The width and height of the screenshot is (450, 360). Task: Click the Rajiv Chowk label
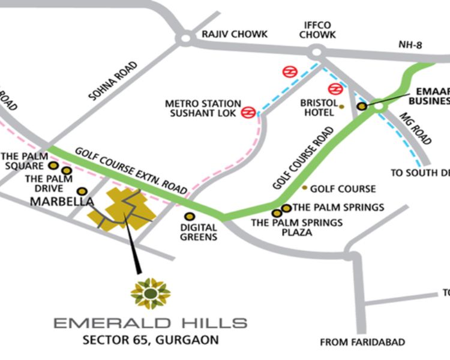click(235, 34)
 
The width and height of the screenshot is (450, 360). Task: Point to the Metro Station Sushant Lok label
click(203, 108)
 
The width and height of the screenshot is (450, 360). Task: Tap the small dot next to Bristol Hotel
click(341, 107)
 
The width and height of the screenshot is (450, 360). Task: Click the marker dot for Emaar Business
click(362, 106)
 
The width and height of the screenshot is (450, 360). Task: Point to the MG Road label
click(415, 128)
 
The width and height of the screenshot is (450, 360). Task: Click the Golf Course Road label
click(302, 158)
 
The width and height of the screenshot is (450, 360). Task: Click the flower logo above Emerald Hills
click(151, 293)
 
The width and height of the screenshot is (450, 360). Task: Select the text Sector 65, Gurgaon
click(151, 340)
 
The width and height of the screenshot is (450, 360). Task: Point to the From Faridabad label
click(362, 343)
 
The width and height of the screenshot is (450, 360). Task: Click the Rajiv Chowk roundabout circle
click(185, 39)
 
